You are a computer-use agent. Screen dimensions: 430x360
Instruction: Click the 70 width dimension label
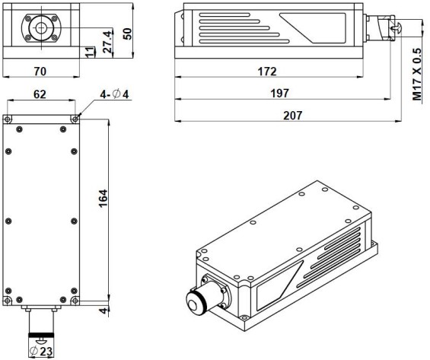pyautogui.click(x=40, y=72)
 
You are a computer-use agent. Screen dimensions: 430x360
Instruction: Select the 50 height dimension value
pyautogui.click(x=127, y=33)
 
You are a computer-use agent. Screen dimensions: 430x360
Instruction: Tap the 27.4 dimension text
pyautogui.click(x=108, y=42)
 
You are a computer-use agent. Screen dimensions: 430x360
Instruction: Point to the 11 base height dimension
pyautogui.click(x=90, y=53)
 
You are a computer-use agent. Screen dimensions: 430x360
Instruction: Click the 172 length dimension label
pyautogui.click(x=267, y=72)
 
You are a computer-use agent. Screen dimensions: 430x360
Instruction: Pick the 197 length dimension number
pyautogui.click(x=280, y=93)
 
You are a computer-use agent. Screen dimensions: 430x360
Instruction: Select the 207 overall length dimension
pyautogui.click(x=293, y=116)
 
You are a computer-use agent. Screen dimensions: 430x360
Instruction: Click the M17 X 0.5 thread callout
pyautogui.click(x=417, y=75)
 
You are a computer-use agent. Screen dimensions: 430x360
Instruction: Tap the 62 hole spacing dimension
pyautogui.click(x=40, y=94)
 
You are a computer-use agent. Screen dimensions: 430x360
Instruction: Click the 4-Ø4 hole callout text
pyautogui.click(x=114, y=94)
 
